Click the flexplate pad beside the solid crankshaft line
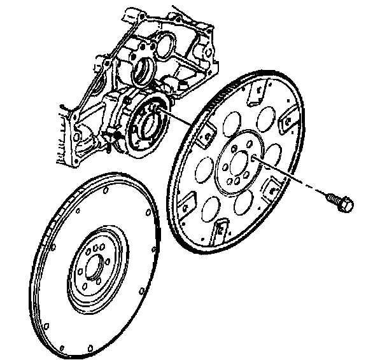coord(206,133)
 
